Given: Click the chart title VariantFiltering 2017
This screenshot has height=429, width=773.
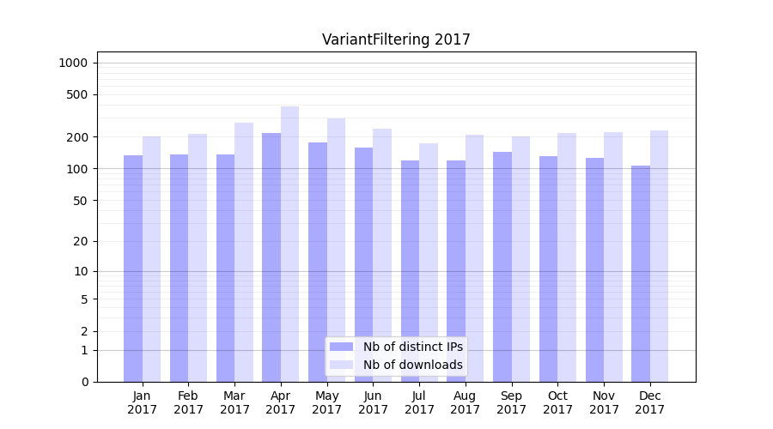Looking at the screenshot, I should pyautogui.click(x=396, y=39).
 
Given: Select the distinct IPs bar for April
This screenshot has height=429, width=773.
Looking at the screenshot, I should pyautogui.click(x=271, y=257).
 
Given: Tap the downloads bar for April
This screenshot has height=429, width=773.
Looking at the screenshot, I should pyautogui.click(x=289, y=245).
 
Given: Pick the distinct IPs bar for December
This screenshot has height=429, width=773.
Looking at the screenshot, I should pyautogui.click(x=641, y=274).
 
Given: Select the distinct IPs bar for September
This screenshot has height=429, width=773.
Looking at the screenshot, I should pyautogui.click(x=502, y=267).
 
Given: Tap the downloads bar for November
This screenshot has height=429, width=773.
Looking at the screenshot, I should pyautogui.click(x=613, y=257).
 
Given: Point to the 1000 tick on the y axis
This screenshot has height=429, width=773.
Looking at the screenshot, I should pyautogui.click(x=73, y=63).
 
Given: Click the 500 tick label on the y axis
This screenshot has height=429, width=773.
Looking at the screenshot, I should pyautogui.click(x=77, y=94).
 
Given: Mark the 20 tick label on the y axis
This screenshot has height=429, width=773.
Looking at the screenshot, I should pyautogui.click(x=80, y=241).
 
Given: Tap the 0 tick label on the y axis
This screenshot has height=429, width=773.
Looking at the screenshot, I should pyautogui.click(x=84, y=382).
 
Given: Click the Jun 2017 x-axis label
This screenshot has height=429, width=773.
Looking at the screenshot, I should pyautogui.click(x=373, y=402).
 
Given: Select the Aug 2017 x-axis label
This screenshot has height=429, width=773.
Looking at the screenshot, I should pyautogui.click(x=466, y=402).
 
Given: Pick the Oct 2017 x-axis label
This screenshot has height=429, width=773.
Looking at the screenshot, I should pyautogui.click(x=557, y=402).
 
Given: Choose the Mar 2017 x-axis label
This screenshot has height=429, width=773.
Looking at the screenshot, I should pyautogui.click(x=234, y=402).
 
